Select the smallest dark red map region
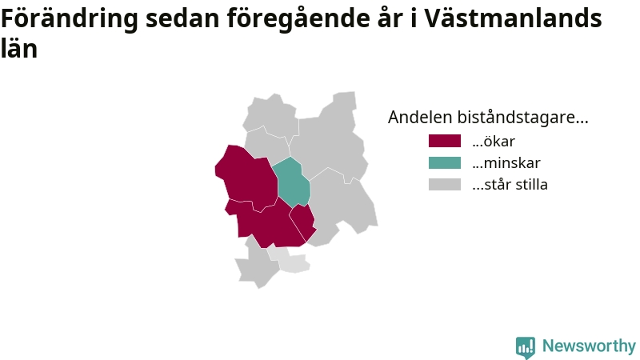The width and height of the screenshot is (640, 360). [303, 222]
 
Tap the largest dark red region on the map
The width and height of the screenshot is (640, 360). [246, 178]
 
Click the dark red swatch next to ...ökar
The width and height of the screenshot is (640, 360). [445, 141]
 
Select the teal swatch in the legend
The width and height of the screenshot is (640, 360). [445, 163]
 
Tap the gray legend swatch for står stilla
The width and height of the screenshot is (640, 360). [445, 185]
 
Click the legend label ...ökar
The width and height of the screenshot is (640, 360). [494, 142]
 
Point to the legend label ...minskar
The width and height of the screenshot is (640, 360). [506, 163]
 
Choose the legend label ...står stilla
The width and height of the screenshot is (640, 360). [510, 185]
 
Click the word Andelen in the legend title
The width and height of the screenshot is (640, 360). [420, 117]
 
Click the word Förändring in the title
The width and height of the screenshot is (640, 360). [70, 18]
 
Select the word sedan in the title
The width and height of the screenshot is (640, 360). [182, 18]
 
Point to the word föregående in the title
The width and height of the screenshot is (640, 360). [298, 19]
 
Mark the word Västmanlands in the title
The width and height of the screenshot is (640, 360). [513, 18]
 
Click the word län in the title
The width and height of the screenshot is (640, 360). [19, 48]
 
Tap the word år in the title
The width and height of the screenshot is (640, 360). [390, 18]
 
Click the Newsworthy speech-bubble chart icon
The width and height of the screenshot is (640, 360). [526, 347]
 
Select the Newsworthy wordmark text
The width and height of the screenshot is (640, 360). [589, 346]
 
